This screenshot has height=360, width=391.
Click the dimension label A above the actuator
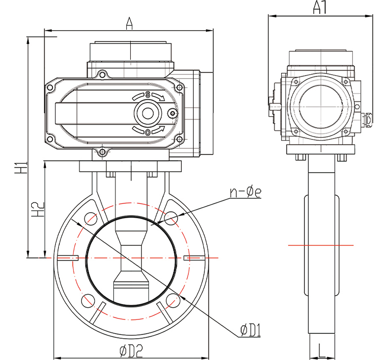coord(130,23)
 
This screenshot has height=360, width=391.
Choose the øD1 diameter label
coord(250,331)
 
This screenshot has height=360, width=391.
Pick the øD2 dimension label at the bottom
coord(131,351)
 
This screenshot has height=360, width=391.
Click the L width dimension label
coord(321,350)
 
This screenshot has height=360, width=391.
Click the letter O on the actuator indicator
coord(147,132)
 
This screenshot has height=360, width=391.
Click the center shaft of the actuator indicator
coord(147,113)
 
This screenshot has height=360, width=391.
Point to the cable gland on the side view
coord(369,119)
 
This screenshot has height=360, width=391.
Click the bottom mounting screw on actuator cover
coord(102,151)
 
